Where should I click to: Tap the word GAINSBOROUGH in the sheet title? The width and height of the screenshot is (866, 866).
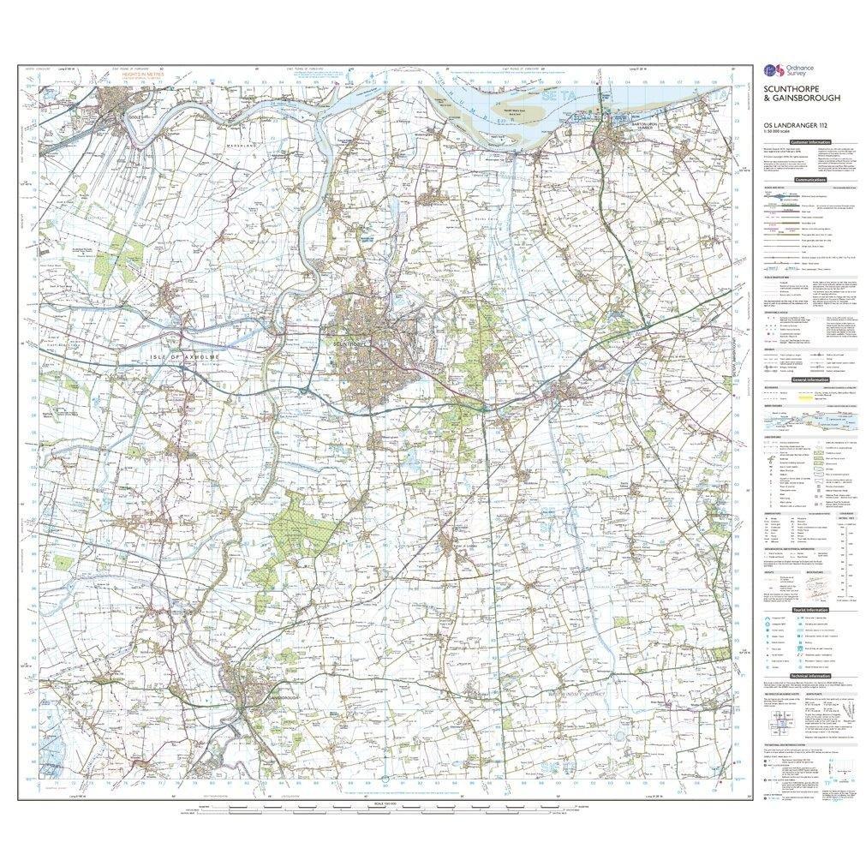803,99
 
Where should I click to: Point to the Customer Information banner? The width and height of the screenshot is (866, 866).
810,140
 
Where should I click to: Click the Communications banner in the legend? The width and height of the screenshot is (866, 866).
809,180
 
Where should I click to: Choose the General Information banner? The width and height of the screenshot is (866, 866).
809,379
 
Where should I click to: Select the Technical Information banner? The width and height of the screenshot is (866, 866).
809,675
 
